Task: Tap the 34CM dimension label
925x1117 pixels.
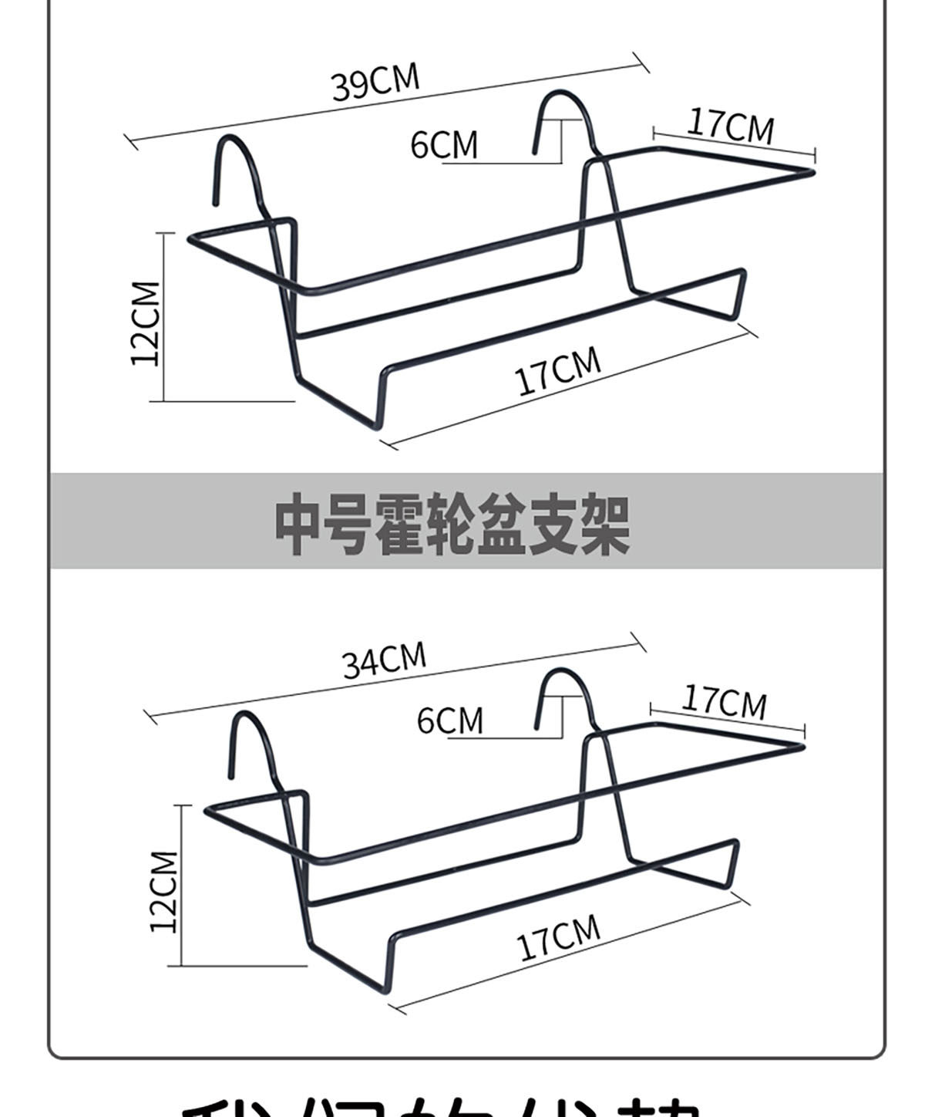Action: pos(384,660)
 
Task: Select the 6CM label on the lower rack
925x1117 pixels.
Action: pos(450,720)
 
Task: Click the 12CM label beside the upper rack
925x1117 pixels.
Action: pos(146,323)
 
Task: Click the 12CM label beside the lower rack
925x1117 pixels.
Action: pos(163,891)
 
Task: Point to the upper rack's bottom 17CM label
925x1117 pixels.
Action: pos(557,371)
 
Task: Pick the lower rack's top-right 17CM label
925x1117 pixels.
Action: pos(725,701)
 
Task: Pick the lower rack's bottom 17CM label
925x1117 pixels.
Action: pos(558,937)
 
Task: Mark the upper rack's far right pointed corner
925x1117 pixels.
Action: pos(812,172)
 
